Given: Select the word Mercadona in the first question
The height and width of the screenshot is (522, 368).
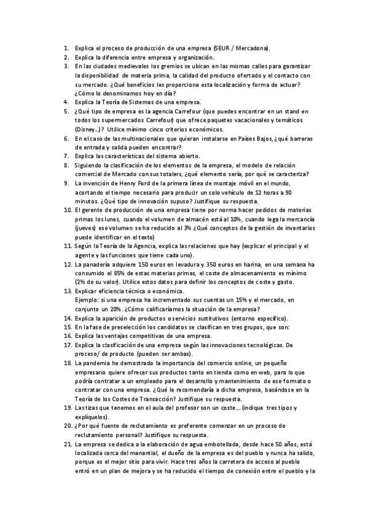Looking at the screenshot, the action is (x=254, y=48).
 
